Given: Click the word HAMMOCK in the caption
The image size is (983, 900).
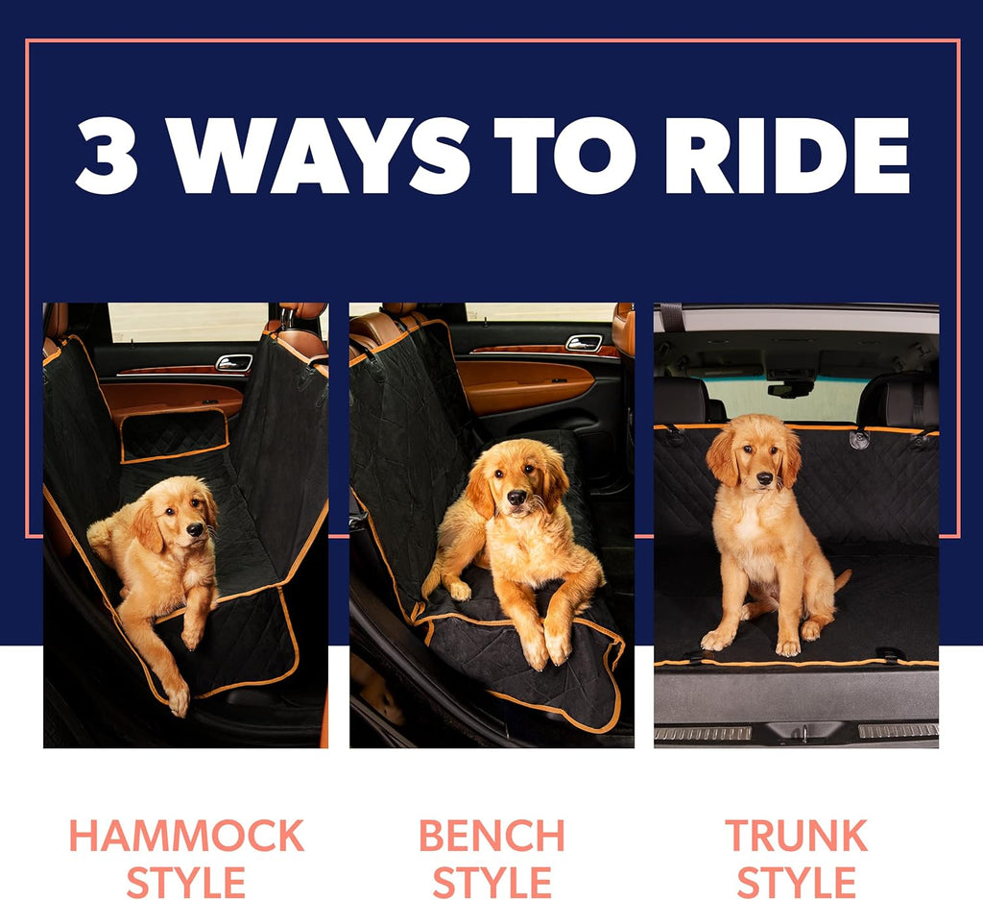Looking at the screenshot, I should click(x=186, y=836).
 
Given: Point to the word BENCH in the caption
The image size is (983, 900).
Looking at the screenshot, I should click(x=491, y=836).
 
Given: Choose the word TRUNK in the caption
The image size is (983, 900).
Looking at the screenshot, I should click(x=796, y=836).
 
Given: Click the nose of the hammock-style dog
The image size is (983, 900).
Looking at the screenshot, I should click(x=195, y=529).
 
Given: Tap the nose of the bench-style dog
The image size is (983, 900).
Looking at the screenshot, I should click(x=516, y=497).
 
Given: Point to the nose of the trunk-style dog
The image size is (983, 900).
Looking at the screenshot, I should click(x=764, y=477).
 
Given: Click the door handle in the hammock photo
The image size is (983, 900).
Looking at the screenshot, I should click(x=233, y=362).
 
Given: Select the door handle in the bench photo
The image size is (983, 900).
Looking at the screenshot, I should click(x=584, y=343).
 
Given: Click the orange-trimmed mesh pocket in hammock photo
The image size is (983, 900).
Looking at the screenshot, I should click(x=174, y=437).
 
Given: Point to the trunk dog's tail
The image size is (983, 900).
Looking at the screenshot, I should click(x=842, y=579).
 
